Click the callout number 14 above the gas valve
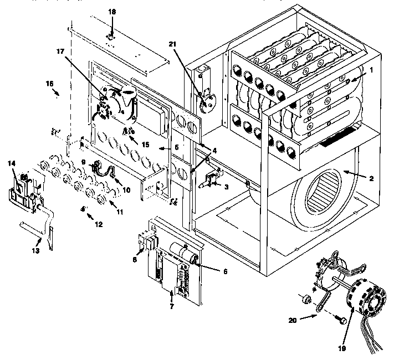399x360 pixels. [12, 163]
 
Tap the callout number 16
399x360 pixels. [49, 83]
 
